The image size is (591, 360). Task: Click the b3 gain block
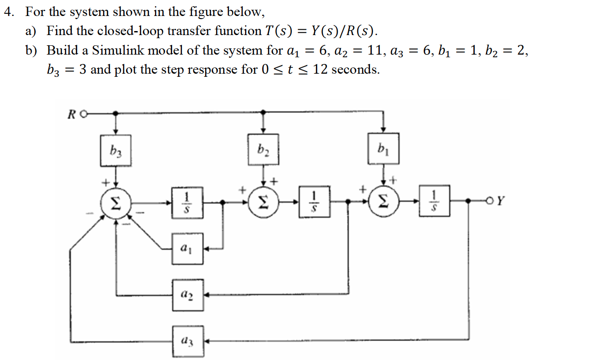click(x=116, y=151)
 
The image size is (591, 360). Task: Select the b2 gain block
click(x=264, y=149)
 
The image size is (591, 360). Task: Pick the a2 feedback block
click(x=188, y=294)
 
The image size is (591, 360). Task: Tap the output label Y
click(x=500, y=201)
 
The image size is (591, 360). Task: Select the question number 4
click(x=8, y=12)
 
